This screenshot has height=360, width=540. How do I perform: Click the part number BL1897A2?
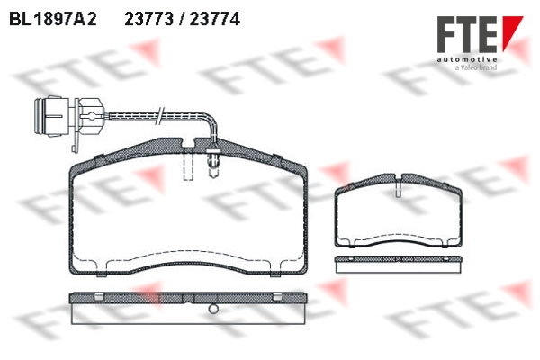[53, 19]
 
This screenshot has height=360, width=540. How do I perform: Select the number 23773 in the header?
[149, 19]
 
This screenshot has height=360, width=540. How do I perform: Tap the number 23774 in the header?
[215, 19]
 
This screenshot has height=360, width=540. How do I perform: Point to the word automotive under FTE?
[467, 60]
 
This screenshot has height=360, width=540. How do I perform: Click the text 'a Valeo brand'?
[476, 67]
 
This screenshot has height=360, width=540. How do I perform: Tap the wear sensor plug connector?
[69, 117]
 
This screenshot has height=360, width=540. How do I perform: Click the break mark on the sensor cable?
[160, 116]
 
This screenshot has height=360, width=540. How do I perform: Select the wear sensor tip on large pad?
[213, 164]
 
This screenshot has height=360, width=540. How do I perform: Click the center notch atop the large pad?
[188, 143]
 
